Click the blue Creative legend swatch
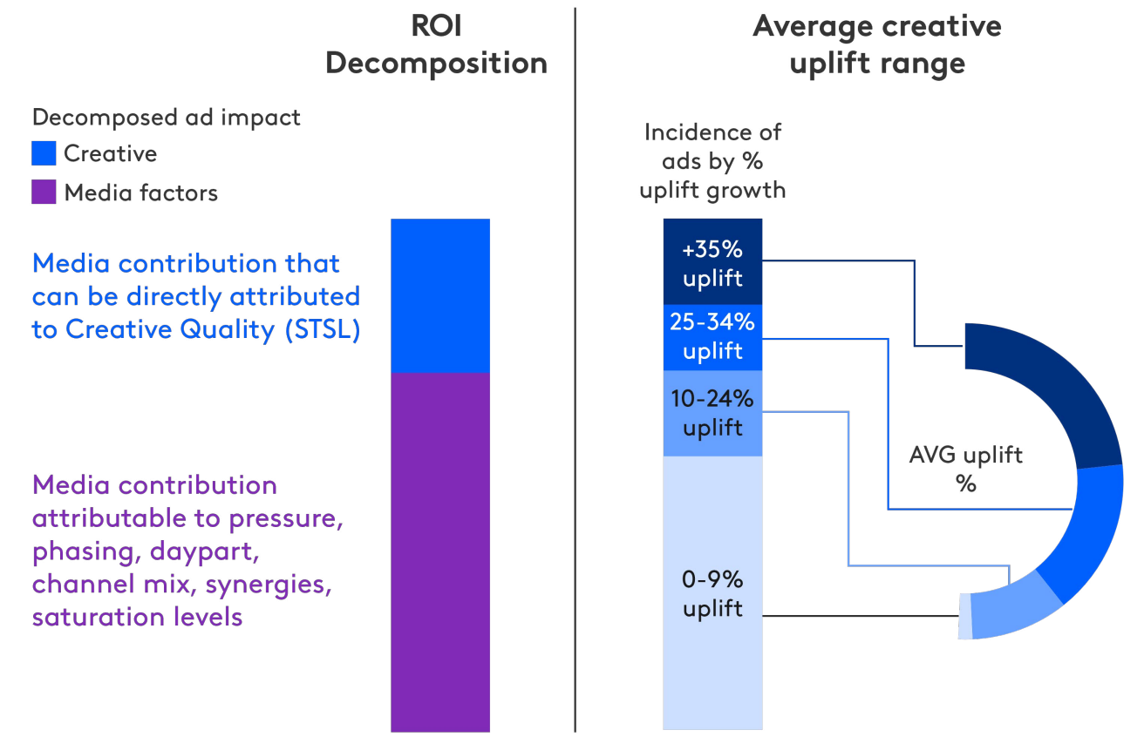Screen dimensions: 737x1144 click(44, 153)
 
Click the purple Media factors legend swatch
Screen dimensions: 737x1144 click(44, 192)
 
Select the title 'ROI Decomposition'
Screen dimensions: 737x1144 click(436, 44)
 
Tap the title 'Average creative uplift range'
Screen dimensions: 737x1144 click(876, 44)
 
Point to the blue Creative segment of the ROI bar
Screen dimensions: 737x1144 click(440, 295)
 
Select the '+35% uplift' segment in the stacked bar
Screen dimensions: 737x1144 click(712, 261)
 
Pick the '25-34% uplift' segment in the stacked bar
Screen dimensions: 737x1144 click(712, 337)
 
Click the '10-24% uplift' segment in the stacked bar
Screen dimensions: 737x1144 click(712, 413)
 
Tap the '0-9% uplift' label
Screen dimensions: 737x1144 click(712, 594)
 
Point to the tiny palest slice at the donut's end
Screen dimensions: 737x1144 click(964, 616)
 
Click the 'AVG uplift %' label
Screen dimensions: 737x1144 click(965, 469)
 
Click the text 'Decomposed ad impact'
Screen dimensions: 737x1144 click(166, 117)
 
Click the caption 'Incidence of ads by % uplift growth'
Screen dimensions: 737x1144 click(712, 161)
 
